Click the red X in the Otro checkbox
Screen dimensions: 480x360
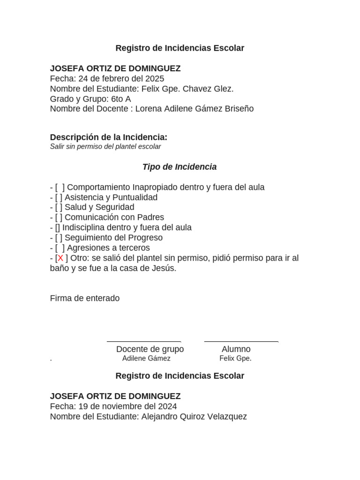point(60,258)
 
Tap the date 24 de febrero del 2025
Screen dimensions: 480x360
point(121,79)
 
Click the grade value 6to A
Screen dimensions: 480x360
point(121,99)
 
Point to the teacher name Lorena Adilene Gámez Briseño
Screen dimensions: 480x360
point(194,109)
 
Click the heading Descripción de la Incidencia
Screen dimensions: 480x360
point(108,137)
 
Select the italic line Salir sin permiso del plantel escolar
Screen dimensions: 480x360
point(105,147)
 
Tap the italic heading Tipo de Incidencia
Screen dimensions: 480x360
point(180,167)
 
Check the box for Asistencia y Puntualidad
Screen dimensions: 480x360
point(59,197)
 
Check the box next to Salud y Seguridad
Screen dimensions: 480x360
point(59,207)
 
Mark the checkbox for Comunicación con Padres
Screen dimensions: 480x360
point(59,217)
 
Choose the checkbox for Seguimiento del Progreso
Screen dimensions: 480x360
point(59,238)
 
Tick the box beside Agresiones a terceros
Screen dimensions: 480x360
point(60,248)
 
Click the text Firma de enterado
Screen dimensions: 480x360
point(85,299)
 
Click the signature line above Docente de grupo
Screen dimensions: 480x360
point(144,342)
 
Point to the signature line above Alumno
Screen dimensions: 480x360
point(241,342)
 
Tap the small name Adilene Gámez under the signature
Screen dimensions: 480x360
point(146,359)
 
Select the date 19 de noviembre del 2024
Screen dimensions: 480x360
point(128,406)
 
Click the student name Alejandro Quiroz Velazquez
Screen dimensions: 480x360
point(194,417)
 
